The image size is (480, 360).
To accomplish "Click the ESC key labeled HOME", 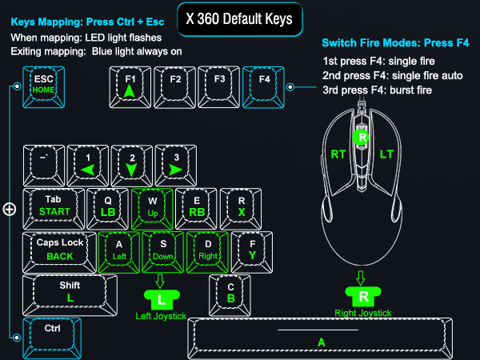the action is (44, 87).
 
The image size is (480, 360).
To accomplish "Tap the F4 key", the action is (263, 87).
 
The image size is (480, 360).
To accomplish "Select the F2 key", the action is (174, 87).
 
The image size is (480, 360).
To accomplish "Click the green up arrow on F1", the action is (130, 91).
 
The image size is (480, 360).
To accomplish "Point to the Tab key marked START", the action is (54, 209).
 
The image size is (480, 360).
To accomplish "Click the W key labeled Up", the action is (152, 209).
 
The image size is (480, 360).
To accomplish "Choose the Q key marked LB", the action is (107, 209).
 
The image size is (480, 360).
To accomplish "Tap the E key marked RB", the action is (196, 209).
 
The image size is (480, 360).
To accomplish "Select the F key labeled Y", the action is (252, 252).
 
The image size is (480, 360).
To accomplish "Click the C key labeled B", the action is (230, 295).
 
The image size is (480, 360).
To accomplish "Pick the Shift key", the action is (70, 295).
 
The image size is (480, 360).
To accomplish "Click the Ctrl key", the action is (52, 338).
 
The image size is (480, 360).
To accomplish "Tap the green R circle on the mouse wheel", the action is (362, 137).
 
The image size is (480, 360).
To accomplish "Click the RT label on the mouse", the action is (338, 154).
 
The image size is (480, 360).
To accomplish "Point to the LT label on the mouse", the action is (386, 154).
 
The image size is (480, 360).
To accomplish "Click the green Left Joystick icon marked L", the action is (162, 300).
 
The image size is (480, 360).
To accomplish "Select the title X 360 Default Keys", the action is (239, 19).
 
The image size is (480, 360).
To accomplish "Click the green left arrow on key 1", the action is (87, 170).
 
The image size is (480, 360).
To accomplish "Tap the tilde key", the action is (44, 166).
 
